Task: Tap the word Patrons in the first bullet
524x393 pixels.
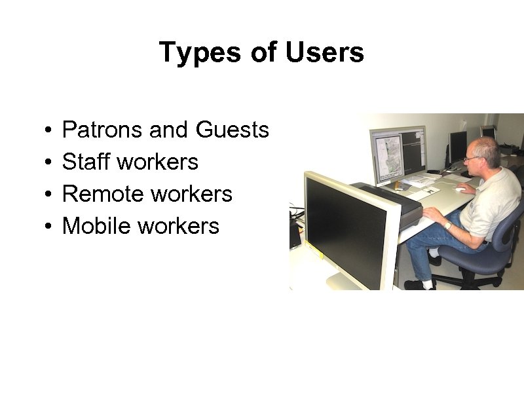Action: pyautogui.click(x=103, y=130)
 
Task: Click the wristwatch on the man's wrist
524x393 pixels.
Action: pyautogui.click(x=448, y=225)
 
